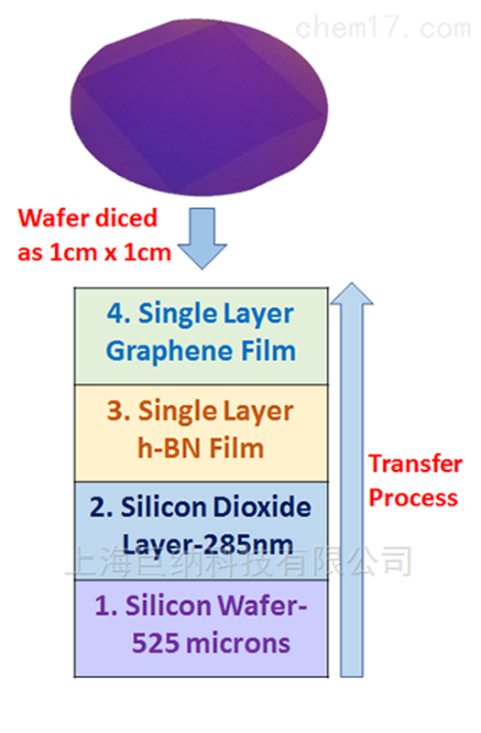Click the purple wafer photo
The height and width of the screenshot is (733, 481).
[199, 107]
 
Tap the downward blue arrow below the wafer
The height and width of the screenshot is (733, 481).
[202, 238]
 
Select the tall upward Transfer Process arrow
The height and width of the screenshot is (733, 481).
[352, 479]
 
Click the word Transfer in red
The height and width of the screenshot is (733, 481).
[416, 464]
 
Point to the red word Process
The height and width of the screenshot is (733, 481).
[413, 498]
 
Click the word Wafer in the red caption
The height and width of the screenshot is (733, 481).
[51, 218]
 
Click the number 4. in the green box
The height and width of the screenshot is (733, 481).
[119, 313]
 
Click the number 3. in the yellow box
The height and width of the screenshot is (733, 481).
[119, 410]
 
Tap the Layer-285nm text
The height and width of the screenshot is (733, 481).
[208, 545]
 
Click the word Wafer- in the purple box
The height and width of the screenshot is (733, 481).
[262, 606]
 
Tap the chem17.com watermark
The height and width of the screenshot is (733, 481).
[383, 28]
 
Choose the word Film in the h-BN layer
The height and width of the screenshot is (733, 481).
[236, 448]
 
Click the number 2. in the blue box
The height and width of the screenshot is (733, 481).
[102, 508]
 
